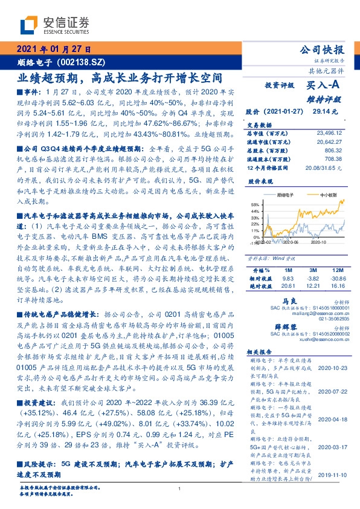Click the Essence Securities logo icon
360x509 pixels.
[x=27, y=25]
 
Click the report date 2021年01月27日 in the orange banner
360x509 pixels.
[x=53, y=50]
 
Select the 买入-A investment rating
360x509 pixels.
[x=325, y=85]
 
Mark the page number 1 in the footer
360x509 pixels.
[x=179, y=489]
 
